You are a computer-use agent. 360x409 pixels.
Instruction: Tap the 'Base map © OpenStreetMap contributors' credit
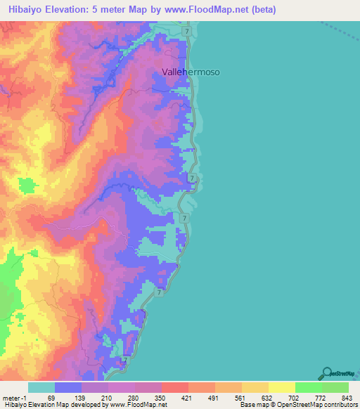[x=297, y=405]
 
